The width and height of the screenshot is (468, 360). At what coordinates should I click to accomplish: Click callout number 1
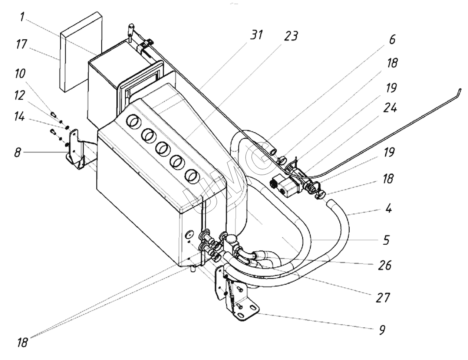pyautogui.click(x=23, y=17)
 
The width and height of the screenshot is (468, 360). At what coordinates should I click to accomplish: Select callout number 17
pyautogui.click(x=22, y=45)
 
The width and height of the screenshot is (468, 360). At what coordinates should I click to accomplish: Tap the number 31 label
pyautogui.click(x=256, y=35)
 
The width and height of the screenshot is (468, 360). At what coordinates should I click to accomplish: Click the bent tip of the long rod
pyautogui.click(x=459, y=90)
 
